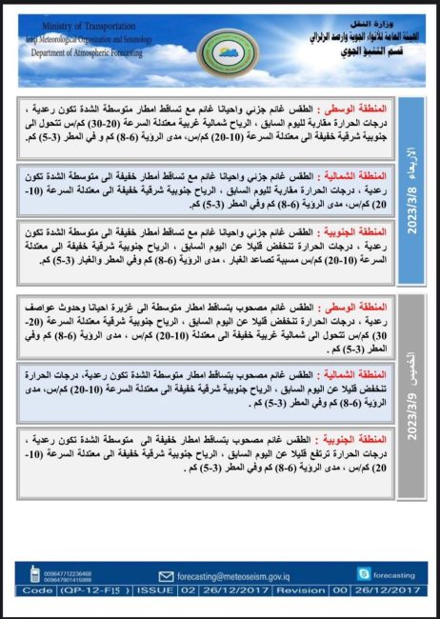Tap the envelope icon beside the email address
pyautogui.click(x=166, y=575)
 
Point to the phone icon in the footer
pyautogui.click(x=34, y=574)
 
